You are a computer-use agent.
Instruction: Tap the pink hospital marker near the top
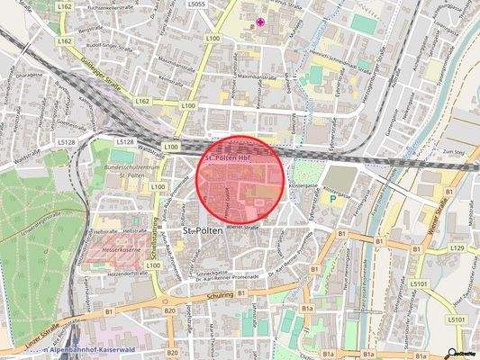point(261,22)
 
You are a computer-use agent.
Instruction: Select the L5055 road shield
point(222,4)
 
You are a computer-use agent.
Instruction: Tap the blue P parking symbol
point(332,200)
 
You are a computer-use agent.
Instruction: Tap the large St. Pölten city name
point(202,232)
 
